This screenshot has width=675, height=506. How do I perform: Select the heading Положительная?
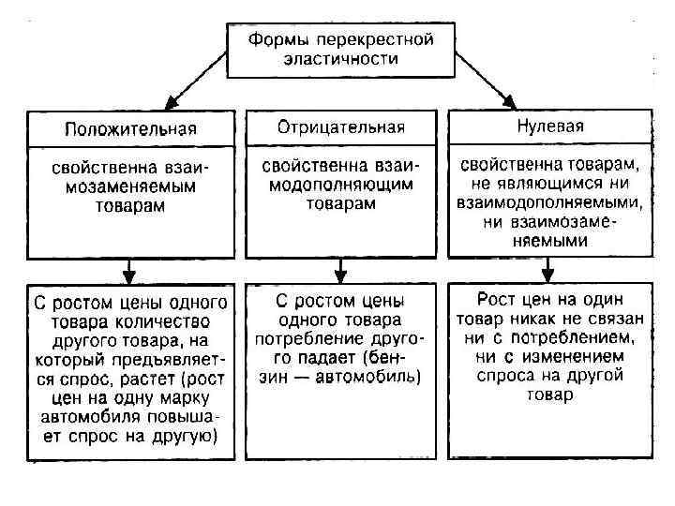[x=130, y=128]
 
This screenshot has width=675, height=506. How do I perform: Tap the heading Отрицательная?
[x=340, y=126]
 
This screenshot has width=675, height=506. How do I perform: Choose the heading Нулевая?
[x=550, y=125]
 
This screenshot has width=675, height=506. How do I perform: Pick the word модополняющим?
[x=340, y=186]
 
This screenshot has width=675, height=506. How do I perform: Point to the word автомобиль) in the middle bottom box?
[x=374, y=377]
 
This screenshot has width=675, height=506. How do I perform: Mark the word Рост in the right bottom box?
[x=496, y=300]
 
